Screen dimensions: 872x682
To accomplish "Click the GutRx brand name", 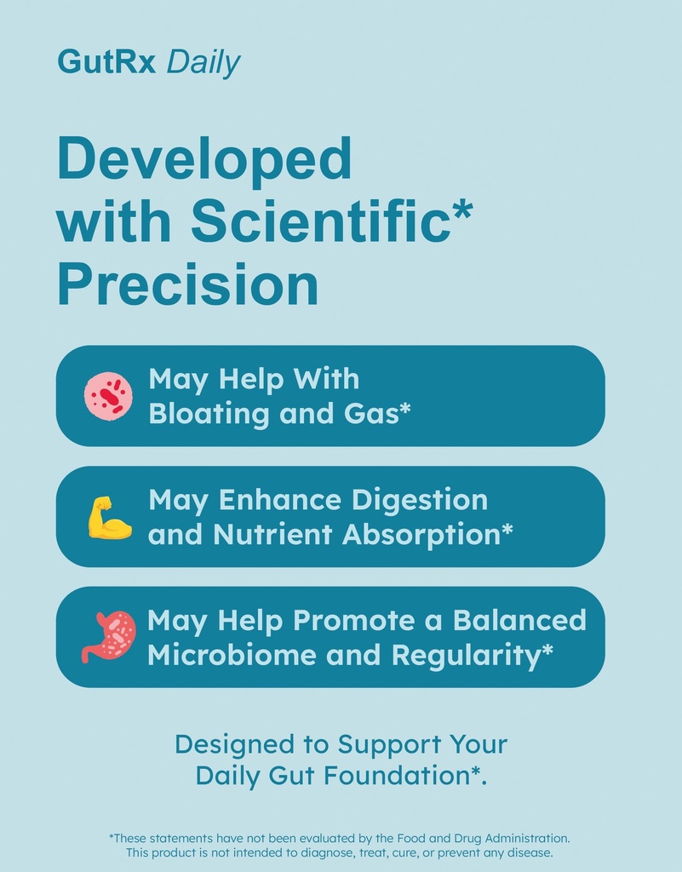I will click(x=106, y=61).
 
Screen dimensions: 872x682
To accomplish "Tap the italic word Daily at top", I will click(x=203, y=62).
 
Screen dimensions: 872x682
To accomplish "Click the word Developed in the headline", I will click(x=204, y=159).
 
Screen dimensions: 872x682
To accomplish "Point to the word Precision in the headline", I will click(x=188, y=285).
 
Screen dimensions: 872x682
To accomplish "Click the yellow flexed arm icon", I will click(x=110, y=517).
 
